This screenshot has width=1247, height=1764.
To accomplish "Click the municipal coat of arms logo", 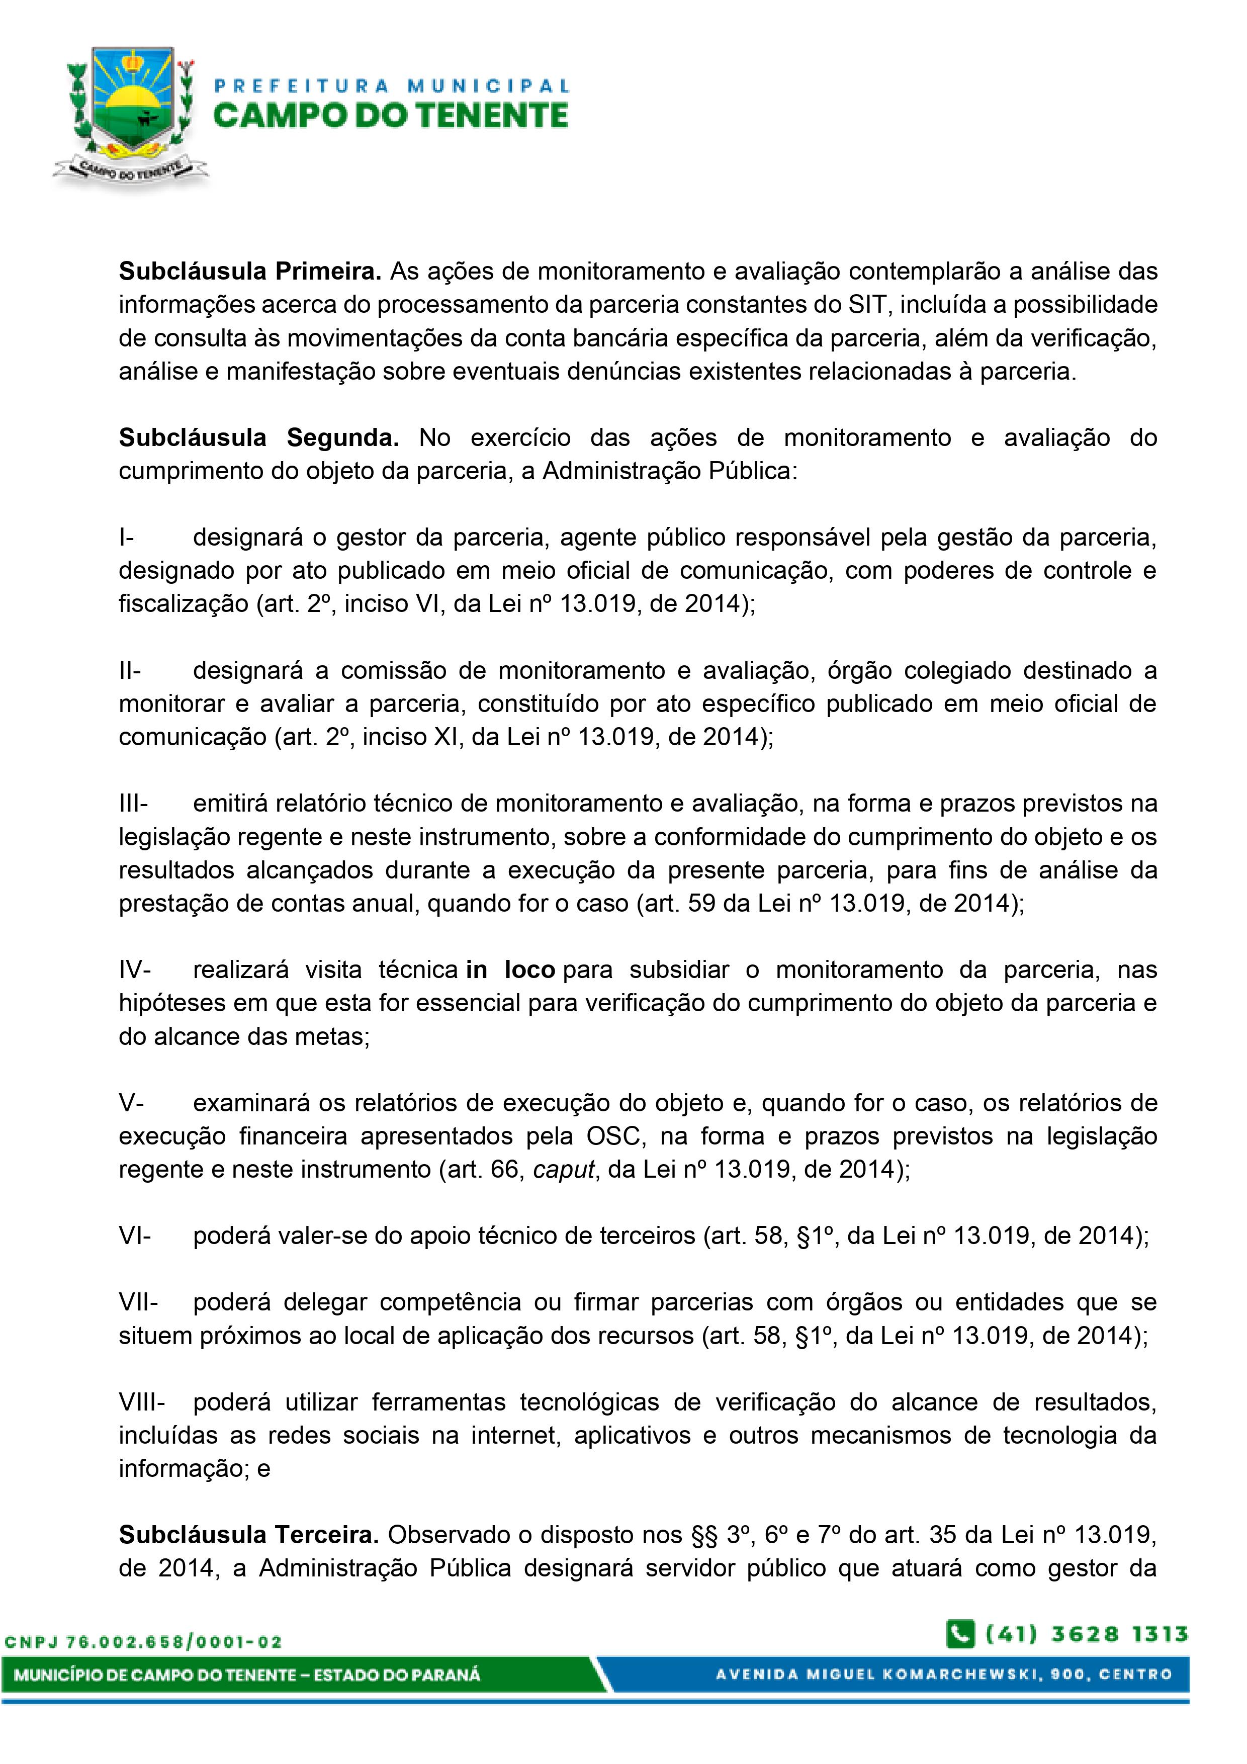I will pyautogui.click(x=131, y=115).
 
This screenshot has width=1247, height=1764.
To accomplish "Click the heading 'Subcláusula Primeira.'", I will pyautogui.click(x=250, y=271).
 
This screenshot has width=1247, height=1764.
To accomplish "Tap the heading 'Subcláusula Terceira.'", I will pyautogui.click(x=249, y=1535).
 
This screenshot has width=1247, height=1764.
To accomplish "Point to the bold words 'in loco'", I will pyautogui.click(x=510, y=971).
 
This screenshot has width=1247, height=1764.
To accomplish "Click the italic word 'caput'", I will pyautogui.click(x=565, y=1169).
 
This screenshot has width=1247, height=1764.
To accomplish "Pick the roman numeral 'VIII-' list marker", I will pyautogui.click(x=141, y=1402).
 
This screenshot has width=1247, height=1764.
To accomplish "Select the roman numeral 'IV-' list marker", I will pyautogui.click(x=135, y=971).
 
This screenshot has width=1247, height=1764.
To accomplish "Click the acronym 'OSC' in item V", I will pyautogui.click(x=613, y=1136).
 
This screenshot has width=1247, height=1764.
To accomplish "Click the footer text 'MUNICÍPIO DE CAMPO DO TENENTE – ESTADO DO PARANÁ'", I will pyautogui.click(x=247, y=1675).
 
